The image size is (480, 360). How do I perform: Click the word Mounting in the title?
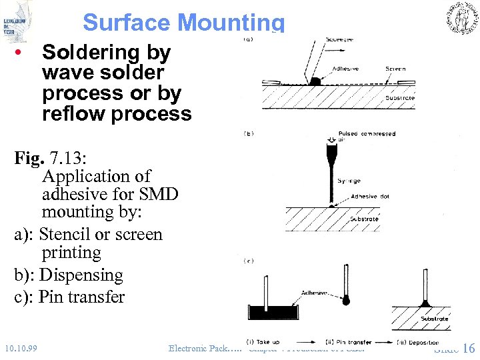(231, 23)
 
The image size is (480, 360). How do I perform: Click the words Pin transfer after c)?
(82, 297)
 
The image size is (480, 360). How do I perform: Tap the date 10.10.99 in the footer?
(20, 348)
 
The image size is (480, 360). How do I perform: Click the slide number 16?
(468, 348)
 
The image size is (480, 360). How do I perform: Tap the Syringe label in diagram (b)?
(349, 181)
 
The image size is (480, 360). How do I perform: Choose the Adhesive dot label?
(373, 197)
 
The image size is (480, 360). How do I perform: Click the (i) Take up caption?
(263, 343)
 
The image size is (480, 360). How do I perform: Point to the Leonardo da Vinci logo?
(16, 20)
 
